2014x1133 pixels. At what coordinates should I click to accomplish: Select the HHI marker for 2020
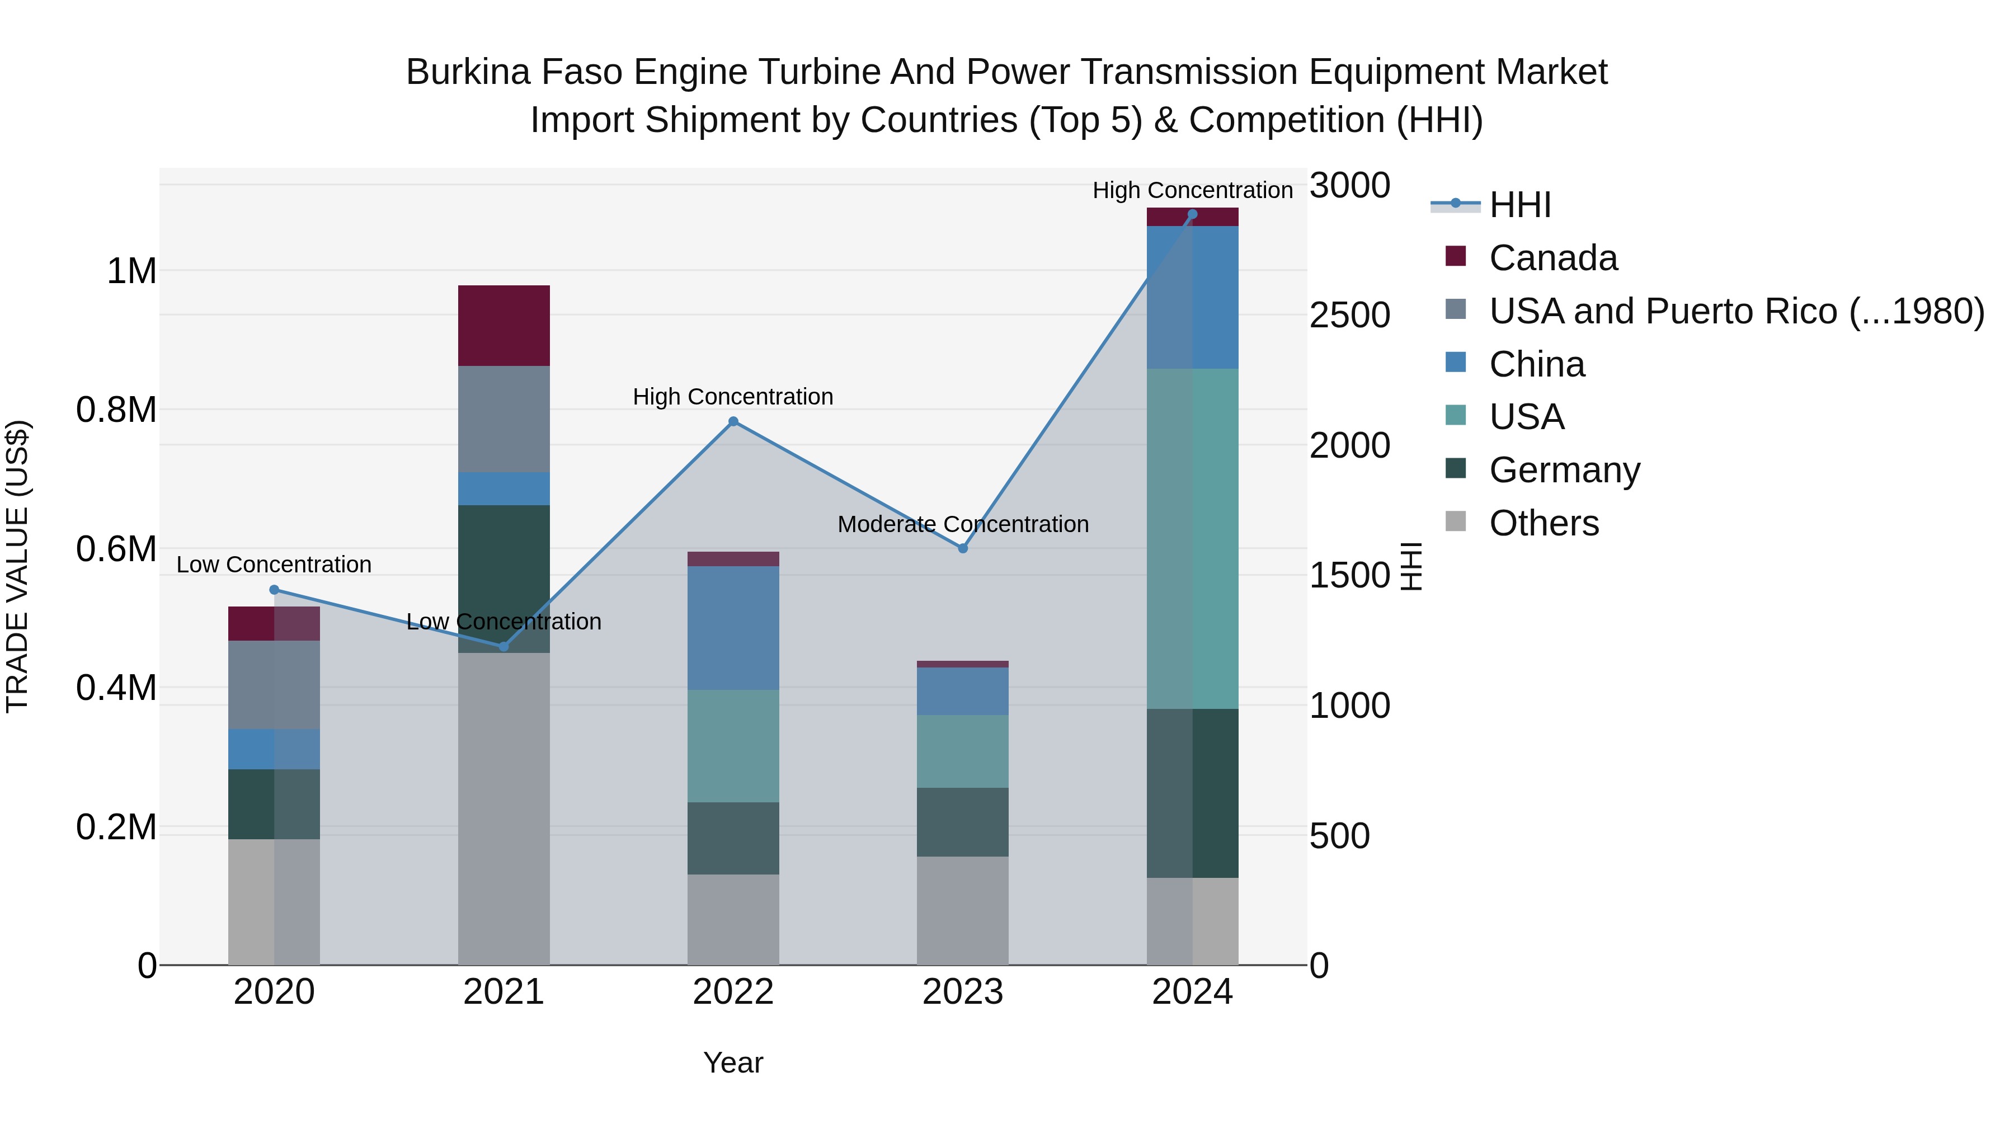[x=274, y=590]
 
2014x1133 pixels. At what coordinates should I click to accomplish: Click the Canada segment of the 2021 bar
[x=503, y=325]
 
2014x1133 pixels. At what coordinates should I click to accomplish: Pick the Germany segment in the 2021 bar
[x=503, y=579]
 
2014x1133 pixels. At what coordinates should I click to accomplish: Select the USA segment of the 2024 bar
[x=1192, y=539]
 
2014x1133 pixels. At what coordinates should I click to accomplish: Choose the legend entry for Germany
[x=1564, y=470]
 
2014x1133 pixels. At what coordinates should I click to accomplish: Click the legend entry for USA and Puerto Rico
[x=1735, y=311]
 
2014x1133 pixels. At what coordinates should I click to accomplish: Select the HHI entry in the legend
[x=1519, y=205]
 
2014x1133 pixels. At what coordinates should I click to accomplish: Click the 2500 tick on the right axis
[x=1349, y=315]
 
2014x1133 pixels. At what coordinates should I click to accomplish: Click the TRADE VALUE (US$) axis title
[x=17, y=566]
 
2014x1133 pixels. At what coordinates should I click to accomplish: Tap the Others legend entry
[x=1544, y=523]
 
